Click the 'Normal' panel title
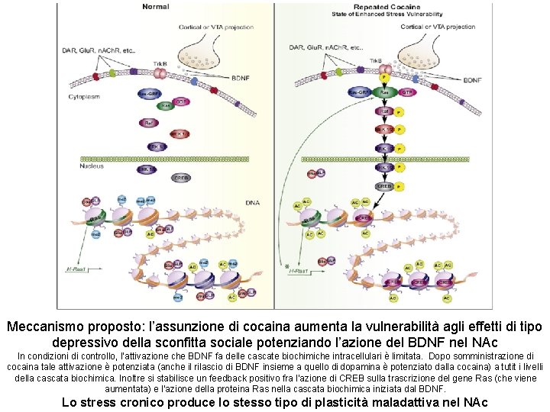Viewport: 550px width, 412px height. click(x=156, y=7)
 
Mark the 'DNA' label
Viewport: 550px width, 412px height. click(x=252, y=202)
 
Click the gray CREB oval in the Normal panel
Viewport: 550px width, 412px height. click(x=181, y=178)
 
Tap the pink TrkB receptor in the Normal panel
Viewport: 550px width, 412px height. click(x=161, y=74)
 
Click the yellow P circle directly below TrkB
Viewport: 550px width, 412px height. click(x=385, y=76)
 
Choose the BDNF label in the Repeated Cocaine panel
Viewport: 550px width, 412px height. click(x=472, y=79)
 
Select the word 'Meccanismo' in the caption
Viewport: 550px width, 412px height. click(x=50, y=327)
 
